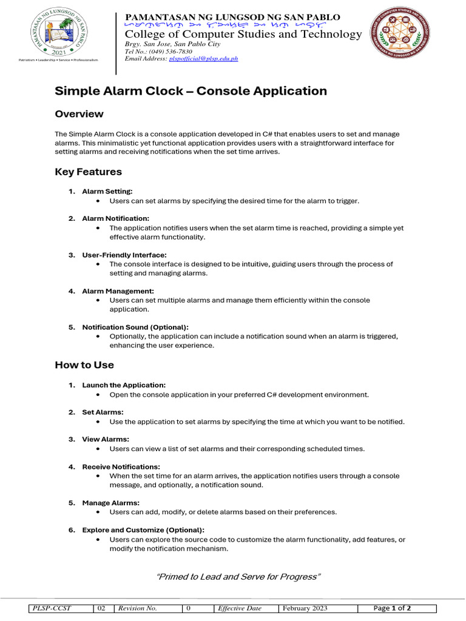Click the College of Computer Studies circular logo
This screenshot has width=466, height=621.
[408, 33]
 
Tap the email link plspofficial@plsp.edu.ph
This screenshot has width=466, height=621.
[203, 59]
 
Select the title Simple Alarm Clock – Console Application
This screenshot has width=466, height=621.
[191, 91]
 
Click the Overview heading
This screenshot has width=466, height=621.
[79, 114]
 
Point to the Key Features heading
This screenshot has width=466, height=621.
[88, 172]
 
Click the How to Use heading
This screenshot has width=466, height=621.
[84, 365]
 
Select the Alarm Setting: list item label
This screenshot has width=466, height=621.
[107, 192]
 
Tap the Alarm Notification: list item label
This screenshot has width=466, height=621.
[115, 218]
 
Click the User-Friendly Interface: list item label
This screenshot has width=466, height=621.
[124, 255]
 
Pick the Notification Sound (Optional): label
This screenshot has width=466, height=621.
[135, 327]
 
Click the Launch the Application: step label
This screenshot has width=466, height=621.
[124, 385]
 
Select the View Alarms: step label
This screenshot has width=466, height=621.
[106, 439]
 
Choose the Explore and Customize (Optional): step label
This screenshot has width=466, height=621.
[143, 530]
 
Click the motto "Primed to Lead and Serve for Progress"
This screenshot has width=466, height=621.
[238, 577]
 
